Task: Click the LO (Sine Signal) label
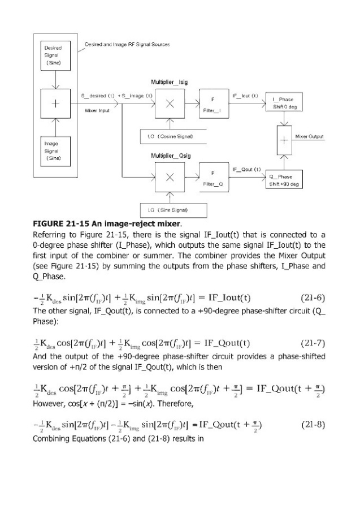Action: [x=167, y=210]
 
